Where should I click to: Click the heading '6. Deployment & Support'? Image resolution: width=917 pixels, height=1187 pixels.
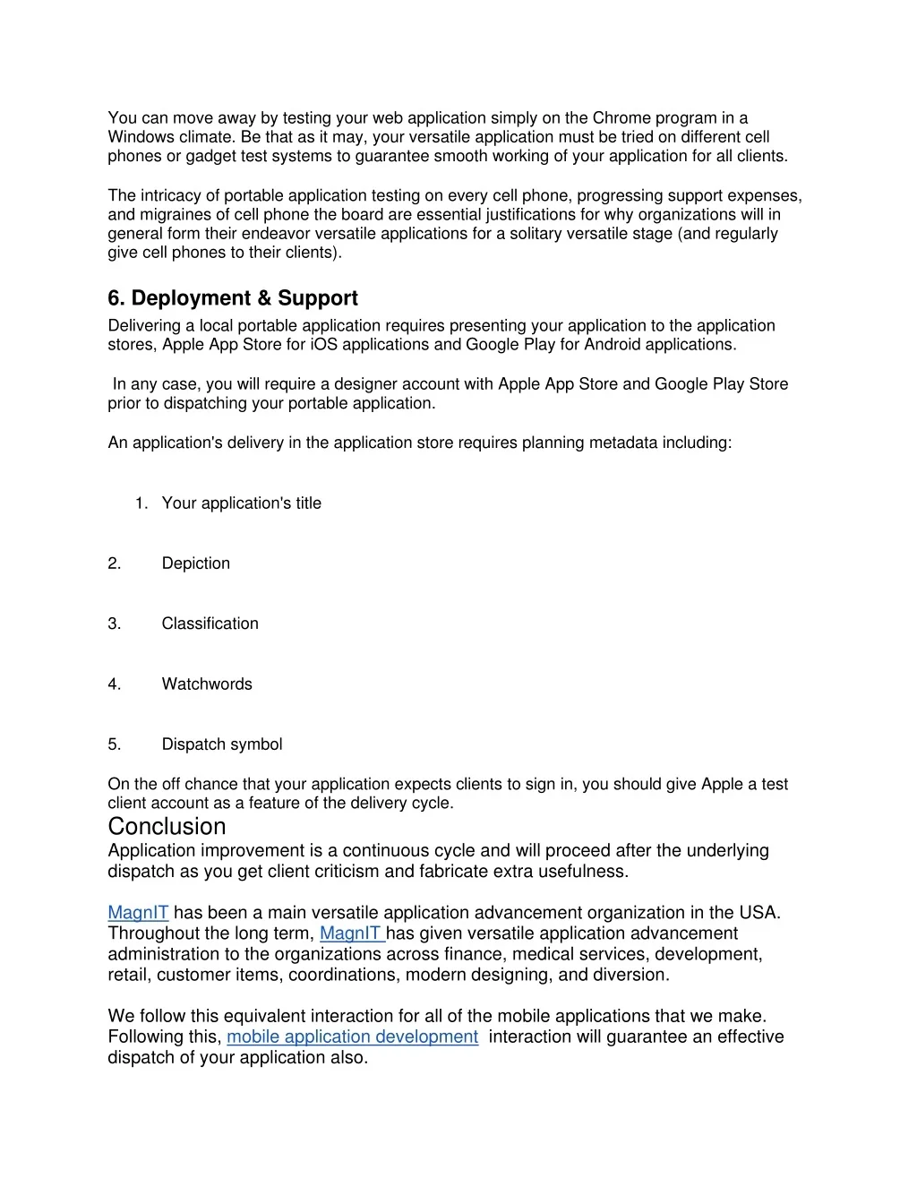tap(233, 298)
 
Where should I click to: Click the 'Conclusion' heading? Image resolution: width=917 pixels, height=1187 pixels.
tap(167, 826)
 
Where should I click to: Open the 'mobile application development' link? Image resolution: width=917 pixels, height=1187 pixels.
tap(352, 1036)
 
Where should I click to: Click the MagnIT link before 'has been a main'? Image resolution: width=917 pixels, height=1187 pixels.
tap(138, 913)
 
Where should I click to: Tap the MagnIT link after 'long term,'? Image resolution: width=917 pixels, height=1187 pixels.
tap(352, 933)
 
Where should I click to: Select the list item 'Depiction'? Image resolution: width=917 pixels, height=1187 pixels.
tap(195, 563)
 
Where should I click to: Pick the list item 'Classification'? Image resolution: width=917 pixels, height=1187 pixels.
tap(210, 624)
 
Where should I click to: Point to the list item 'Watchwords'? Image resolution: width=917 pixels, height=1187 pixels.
tap(207, 684)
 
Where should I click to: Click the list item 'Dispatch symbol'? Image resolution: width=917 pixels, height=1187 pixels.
tap(221, 744)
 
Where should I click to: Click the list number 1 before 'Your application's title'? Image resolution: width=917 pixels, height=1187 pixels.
tap(141, 503)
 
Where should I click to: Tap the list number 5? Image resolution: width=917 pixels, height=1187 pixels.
tap(114, 744)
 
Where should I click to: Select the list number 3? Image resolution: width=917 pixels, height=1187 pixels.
tap(114, 624)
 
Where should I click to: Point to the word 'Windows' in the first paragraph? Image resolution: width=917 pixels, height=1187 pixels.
tap(141, 137)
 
